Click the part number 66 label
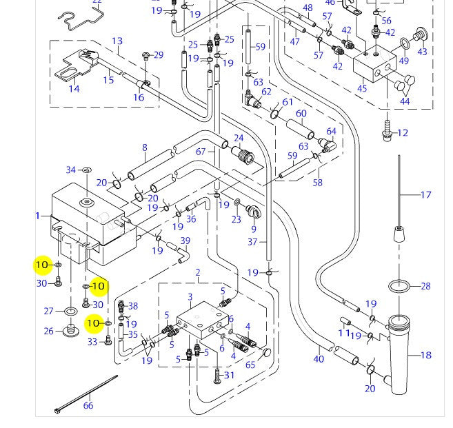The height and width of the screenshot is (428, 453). tap(88, 405)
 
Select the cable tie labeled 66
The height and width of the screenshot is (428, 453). tap(86, 394)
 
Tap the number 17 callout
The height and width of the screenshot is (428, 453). tap(425, 195)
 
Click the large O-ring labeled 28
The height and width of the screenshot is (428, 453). tap(399, 287)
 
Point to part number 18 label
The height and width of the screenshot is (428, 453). tap(426, 355)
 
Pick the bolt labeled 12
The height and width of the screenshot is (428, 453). tap(387, 131)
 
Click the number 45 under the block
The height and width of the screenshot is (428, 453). tap(362, 88)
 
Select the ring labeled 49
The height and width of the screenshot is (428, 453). tap(405, 44)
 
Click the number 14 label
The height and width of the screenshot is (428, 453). tap(74, 89)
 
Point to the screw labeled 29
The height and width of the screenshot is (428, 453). tap(146, 56)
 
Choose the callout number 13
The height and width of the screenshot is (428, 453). tap(117, 41)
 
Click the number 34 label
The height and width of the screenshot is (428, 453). tap(71, 170)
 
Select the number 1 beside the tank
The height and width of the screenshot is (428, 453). tap(37, 216)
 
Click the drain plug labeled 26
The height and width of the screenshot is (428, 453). tap(71, 330)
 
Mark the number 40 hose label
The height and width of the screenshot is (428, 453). tap(319, 359)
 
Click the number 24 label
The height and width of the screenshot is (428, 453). tap(239, 138)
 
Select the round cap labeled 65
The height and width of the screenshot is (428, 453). tap(266, 352)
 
